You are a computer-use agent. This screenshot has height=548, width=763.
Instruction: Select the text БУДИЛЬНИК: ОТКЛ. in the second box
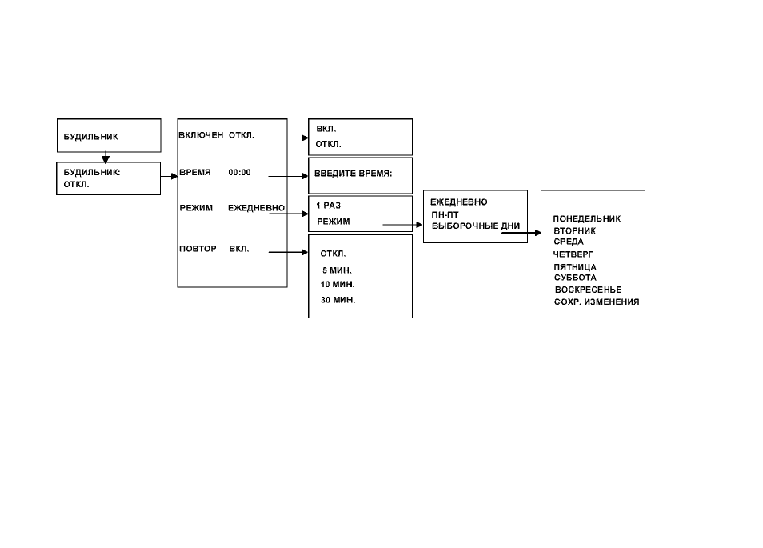[x=91, y=178]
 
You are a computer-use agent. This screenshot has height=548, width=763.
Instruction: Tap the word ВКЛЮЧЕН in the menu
[x=201, y=135]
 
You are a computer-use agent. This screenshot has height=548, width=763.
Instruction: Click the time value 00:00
[x=239, y=172]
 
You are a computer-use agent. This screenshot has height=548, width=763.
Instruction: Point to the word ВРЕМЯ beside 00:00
[x=195, y=172]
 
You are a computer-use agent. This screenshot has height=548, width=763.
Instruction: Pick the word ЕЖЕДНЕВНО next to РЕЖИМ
[x=256, y=208]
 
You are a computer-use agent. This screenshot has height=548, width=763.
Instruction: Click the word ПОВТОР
[x=198, y=249]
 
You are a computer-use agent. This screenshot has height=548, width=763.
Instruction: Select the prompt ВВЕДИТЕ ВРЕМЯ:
[x=353, y=174]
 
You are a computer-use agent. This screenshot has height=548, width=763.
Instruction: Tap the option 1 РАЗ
[x=329, y=206]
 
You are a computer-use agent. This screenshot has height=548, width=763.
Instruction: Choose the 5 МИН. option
[x=337, y=270]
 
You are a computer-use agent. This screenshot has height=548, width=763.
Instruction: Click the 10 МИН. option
[x=338, y=284]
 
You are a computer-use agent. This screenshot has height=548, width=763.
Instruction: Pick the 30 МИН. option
[x=338, y=300]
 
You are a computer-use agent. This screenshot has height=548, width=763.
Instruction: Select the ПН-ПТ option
[x=445, y=214]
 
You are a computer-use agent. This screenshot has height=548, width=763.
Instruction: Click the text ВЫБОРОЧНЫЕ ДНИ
[x=476, y=226]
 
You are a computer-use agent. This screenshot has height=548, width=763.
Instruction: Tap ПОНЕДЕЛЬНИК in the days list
[x=587, y=218]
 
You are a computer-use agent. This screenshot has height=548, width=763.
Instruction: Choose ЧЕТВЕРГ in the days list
[x=573, y=254]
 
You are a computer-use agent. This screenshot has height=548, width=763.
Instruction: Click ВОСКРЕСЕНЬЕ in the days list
[x=589, y=290]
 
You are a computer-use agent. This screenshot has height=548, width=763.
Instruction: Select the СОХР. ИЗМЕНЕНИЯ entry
[x=597, y=302]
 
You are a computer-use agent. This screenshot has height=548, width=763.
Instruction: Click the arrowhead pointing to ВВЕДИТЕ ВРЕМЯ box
[x=305, y=176]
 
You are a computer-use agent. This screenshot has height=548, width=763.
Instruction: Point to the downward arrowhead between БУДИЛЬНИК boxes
[x=106, y=159]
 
